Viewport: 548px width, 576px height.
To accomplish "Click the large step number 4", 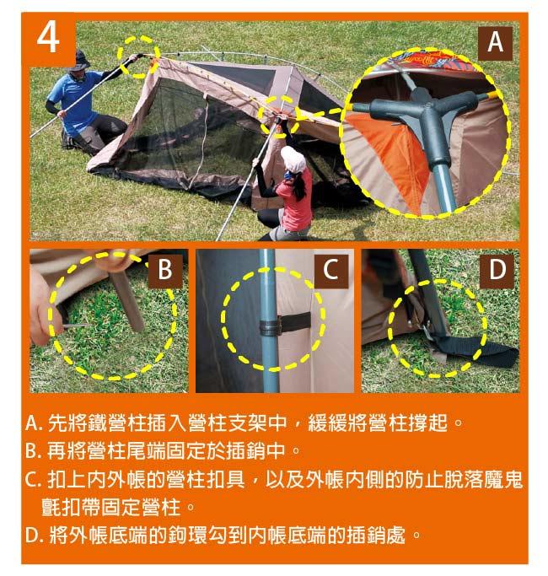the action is click(x=48, y=38).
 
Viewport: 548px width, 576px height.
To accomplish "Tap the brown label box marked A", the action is click(x=495, y=43).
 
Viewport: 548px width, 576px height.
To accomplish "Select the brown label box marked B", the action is click(x=165, y=269).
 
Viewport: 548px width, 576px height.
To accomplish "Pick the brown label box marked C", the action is click(x=331, y=269).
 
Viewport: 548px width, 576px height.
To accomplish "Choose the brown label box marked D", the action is click(x=497, y=269).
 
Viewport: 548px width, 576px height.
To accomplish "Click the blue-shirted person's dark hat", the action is click(x=80, y=62).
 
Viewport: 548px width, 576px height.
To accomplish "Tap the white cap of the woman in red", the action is click(x=293, y=159).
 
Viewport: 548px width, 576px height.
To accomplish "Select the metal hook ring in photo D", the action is click(x=425, y=329).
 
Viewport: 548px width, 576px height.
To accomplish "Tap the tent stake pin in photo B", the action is click(x=75, y=326).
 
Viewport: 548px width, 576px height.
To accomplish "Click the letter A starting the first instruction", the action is click(x=33, y=423).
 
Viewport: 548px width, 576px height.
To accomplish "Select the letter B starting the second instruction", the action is click(x=32, y=450).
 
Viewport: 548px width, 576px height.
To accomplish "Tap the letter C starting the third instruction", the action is click(x=32, y=479).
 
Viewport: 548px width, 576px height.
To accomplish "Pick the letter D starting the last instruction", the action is click(x=32, y=536).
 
